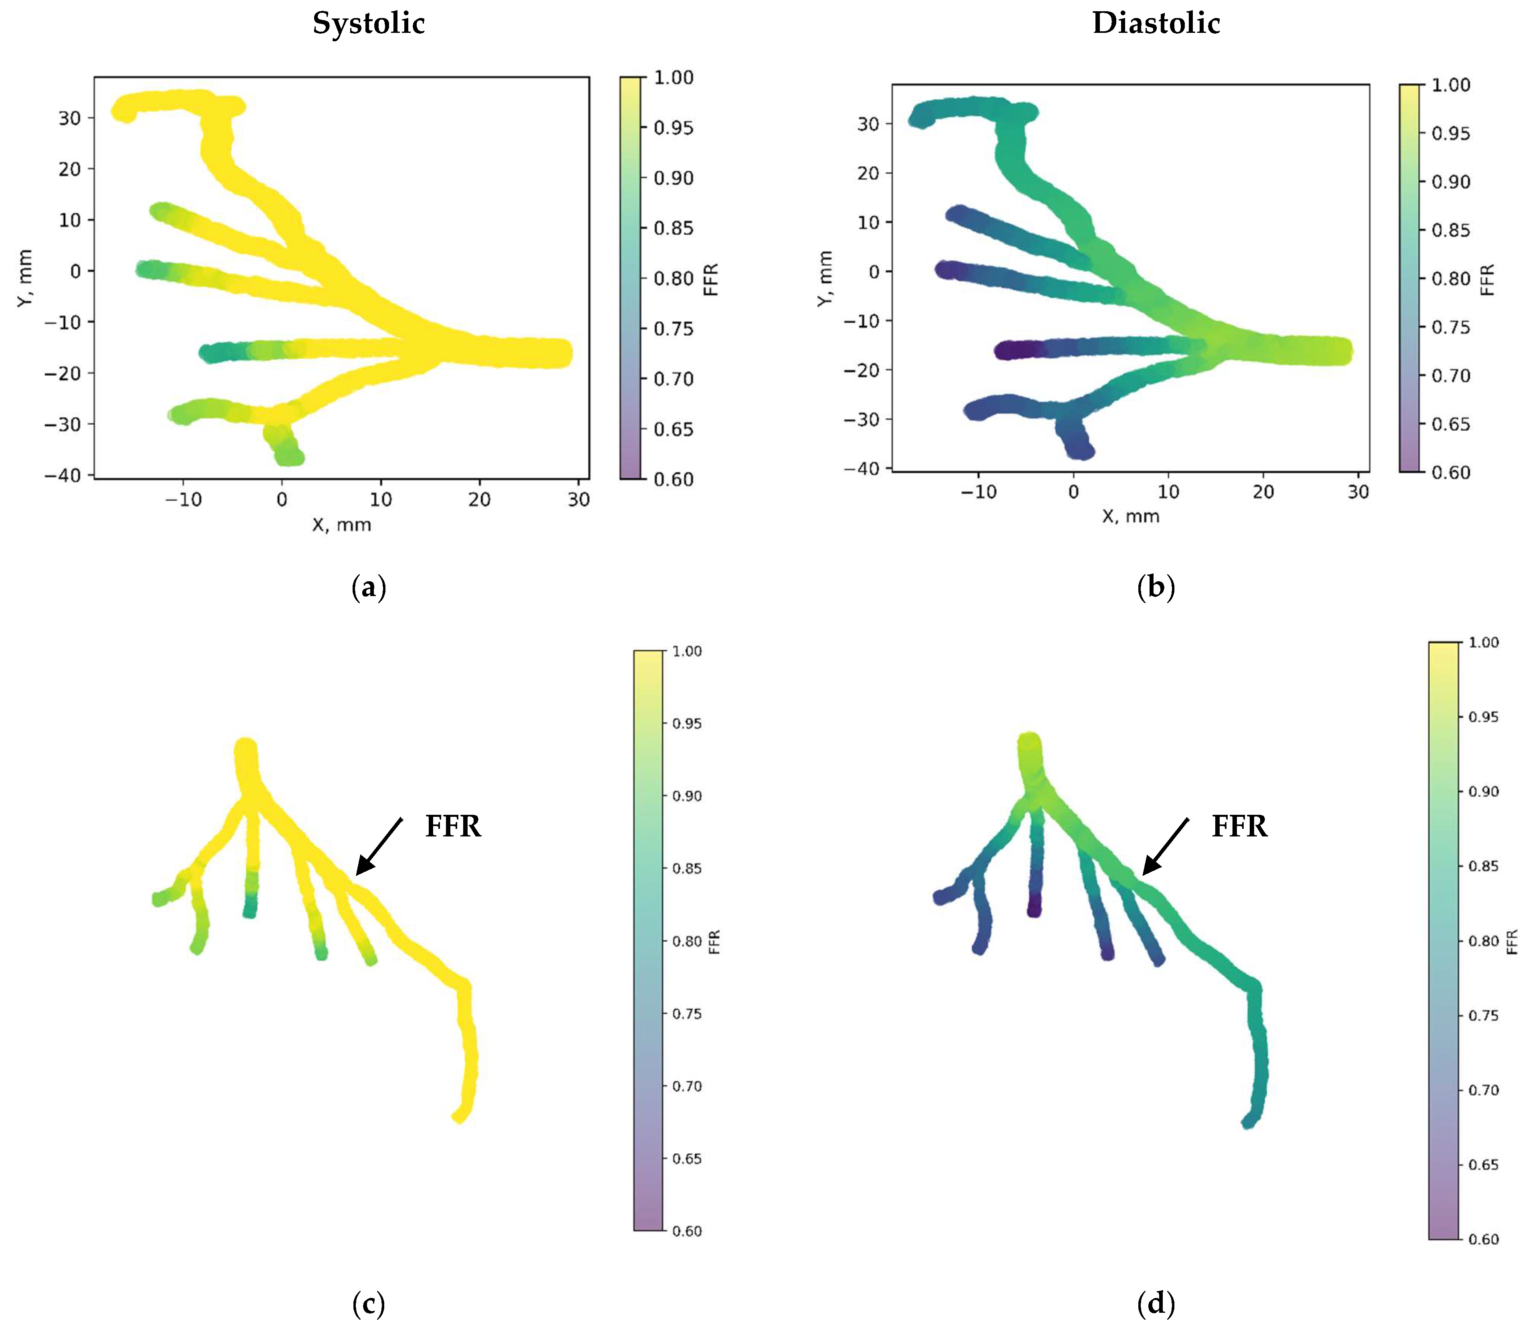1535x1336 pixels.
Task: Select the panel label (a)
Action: click(368, 588)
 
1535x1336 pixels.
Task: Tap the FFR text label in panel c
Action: click(452, 826)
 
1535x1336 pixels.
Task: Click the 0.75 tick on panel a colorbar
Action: click(673, 329)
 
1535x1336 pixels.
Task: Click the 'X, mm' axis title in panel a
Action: click(341, 525)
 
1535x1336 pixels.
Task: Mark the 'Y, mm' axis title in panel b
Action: click(824, 278)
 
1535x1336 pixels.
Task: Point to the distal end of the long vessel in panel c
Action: click(459, 1116)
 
